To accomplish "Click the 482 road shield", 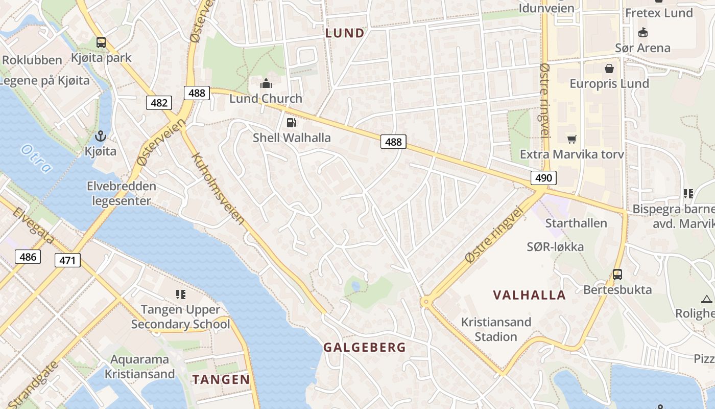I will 159,103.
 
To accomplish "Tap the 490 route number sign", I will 543,177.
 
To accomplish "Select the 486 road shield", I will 28,256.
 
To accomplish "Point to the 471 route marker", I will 67,261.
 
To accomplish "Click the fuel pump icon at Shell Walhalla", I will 291,122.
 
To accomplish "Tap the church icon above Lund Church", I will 266,83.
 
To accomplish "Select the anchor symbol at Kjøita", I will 101,137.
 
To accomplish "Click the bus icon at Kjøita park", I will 101,42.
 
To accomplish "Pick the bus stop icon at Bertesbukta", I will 617,275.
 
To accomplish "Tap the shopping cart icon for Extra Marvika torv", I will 571,139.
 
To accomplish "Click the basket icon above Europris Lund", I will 609,68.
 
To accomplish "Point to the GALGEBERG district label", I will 365,348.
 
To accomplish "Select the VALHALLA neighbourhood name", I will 529,295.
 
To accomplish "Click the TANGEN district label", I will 221,379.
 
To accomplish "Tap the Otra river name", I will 36,158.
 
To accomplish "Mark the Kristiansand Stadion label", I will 496,329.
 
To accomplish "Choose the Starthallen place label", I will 576,223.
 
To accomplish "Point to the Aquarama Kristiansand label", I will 139,367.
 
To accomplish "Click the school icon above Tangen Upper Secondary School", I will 180,294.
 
